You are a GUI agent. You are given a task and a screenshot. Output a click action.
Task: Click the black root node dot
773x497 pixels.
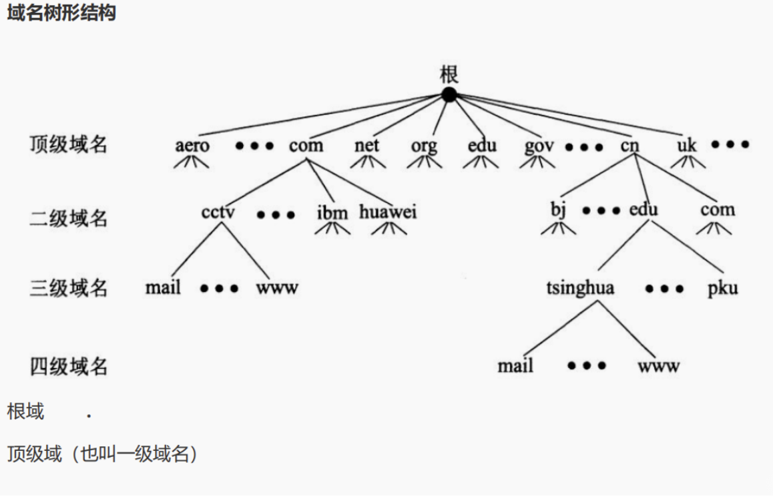click(x=449, y=95)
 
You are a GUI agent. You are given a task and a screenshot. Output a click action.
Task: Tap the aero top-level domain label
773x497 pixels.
click(x=192, y=146)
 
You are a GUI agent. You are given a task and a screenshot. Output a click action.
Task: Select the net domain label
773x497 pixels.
click(x=366, y=146)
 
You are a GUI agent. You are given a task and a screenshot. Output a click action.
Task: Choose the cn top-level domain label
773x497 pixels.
click(x=629, y=146)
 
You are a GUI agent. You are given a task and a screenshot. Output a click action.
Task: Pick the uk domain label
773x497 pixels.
click(x=686, y=146)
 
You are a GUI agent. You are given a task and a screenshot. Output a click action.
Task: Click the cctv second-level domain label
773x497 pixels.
click(x=218, y=212)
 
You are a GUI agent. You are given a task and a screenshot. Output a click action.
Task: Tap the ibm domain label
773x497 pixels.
click(x=332, y=212)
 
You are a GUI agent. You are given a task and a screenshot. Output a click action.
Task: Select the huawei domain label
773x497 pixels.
click(x=388, y=212)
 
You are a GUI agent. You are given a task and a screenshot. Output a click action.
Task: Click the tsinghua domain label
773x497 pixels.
click(x=580, y=289)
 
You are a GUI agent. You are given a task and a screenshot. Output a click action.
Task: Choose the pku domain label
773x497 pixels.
click(x=723, y=289)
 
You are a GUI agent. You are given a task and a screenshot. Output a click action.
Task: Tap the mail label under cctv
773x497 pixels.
click(x=163, y=288)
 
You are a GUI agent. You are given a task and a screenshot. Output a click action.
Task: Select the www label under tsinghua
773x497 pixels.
click(x=658, y=366)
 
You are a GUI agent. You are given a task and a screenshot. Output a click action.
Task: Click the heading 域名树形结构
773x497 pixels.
click(x=61, y=13)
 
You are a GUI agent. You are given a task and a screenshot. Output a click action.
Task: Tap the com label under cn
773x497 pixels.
click(x=718, y=210)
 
